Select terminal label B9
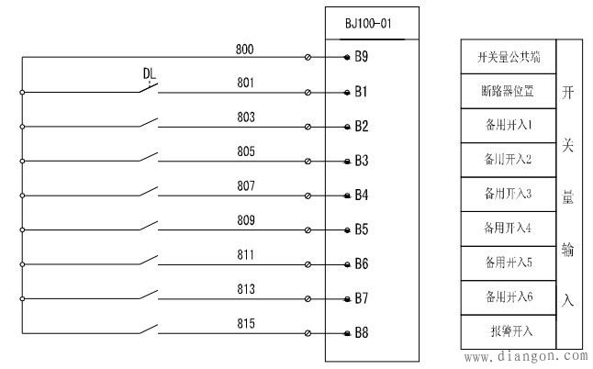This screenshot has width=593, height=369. pos(362,57)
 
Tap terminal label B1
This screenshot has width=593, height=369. pos(362,92)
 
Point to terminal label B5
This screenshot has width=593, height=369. pos(362,229)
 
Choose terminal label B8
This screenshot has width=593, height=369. pos(362,332)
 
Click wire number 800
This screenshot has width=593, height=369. pos(246,49)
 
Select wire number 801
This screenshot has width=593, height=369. pos(246,83)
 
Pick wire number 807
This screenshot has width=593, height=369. pos(246,185)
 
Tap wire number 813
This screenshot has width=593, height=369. pos(246,289)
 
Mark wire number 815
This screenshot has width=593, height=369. pos(246,323)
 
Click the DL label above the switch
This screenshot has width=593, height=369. pos(151,73)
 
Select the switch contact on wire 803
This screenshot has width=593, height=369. pos(149,123)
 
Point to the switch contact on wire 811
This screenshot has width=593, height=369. pos(149,261)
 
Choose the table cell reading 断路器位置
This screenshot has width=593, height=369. pos(509,91)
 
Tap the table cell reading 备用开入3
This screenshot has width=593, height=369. pos(509,194)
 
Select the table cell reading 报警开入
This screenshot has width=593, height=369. pos(509,330)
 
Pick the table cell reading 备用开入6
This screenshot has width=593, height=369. pos(509,296)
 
